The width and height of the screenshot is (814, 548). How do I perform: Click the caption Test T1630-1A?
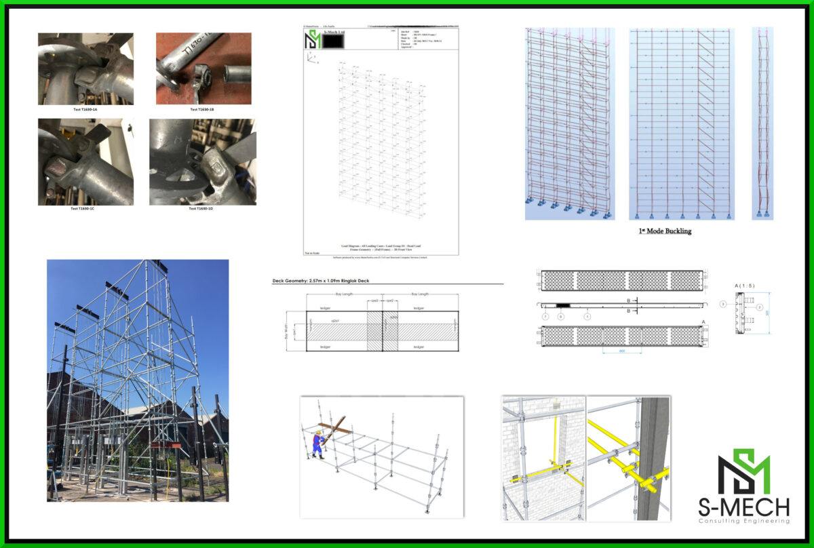point(85,109)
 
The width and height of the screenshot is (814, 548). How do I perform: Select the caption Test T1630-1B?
point(202,109)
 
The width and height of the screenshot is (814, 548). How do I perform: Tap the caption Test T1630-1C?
point(85,208)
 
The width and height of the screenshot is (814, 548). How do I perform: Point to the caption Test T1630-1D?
point(202,208)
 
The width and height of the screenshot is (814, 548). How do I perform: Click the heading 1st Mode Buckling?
point(665,231)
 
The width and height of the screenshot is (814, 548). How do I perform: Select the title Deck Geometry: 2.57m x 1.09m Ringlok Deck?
point(320,280)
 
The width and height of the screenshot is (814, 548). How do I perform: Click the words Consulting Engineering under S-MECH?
point(743,521)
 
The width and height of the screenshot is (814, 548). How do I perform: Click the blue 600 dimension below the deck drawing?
point(621,351)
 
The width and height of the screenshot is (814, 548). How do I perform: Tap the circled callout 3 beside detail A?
point(724,305)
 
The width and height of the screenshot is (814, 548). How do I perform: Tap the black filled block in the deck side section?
point(562,307)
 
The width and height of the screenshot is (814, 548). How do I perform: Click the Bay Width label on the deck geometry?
point(288,331)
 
